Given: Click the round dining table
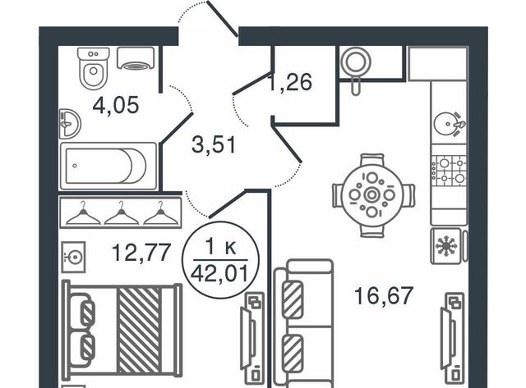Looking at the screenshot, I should [373, 195].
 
